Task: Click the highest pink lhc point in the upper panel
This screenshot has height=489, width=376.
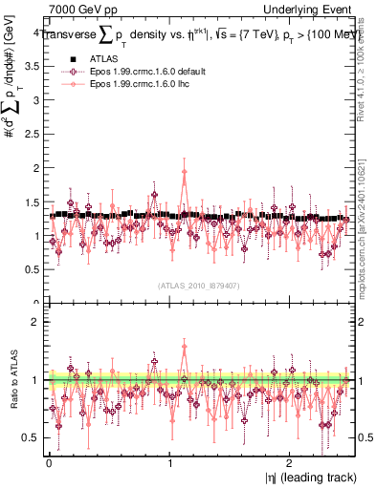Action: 184,173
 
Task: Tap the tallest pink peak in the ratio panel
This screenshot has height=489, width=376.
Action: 184,348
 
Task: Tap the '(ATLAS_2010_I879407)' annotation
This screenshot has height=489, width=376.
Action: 198,286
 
